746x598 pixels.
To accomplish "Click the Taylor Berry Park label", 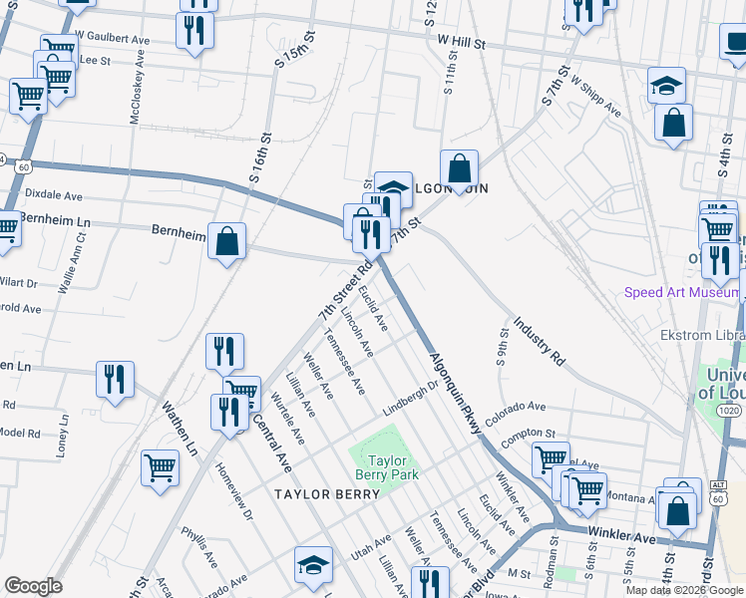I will tap(390, 467).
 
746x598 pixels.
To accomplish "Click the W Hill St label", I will tap(460, 44).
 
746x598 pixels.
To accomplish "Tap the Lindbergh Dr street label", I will tap(411, 398).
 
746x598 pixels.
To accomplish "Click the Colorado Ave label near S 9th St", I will tap(517, 407).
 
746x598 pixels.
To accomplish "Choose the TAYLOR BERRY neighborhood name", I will tap(316, 493).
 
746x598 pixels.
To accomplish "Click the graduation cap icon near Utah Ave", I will tap(313, 564).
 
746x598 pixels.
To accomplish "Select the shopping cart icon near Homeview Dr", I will tap(160, 467).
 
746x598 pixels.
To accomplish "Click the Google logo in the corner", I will tap(32, 586).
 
